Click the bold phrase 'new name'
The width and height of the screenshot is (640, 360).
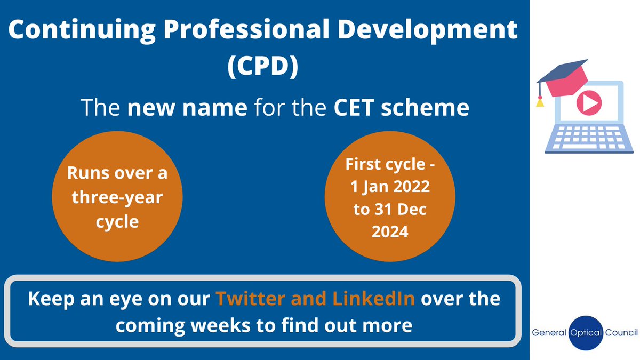pyautogui.click(x=187, y=108)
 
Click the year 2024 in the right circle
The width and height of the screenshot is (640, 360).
pyautogui.click(x=390, y=231)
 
